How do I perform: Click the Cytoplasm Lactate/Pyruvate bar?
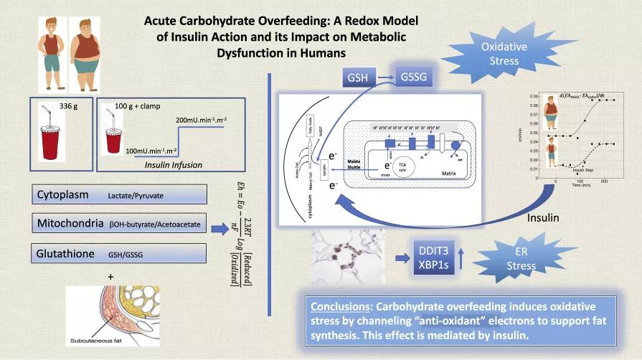click(119, 194)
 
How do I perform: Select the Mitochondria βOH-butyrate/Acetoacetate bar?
click(119, 224)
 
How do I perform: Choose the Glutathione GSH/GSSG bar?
click(119, 253)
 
